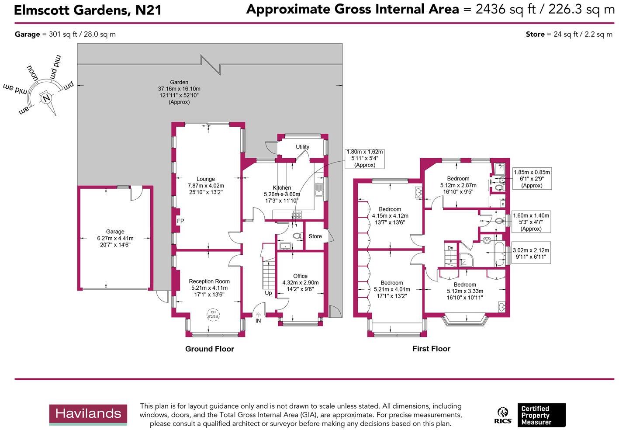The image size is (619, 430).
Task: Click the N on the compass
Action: tap(46, 98)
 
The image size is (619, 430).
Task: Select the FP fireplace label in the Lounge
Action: tap(180, 221)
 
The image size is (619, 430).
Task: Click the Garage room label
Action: tap(115, 232)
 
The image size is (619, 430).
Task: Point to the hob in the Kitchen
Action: tap(297, 215)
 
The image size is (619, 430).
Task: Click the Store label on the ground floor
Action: tap(315, 236)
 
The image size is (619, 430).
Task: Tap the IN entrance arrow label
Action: tap(258, 321)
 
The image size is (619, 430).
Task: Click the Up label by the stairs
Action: tap(268, 293)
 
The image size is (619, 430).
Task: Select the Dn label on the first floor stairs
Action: tap(450, 248)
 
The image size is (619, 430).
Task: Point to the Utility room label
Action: tap(302, 147)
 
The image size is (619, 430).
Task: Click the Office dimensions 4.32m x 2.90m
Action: tap(300, 283)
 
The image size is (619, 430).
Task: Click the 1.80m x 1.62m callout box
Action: tap(364, 158)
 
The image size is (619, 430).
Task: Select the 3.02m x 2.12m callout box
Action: tap(531, 253)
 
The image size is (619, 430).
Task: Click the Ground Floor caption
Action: tap(209, 349)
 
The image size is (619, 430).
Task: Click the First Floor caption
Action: tap(431, 349)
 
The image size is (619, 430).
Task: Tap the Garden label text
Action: tap(179, 82)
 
